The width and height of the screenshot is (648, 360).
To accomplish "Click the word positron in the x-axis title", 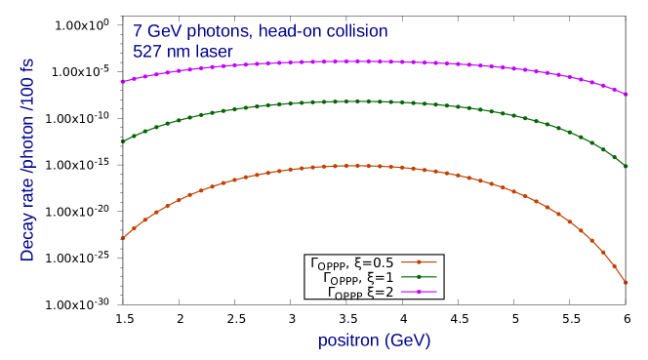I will tap(348, 340).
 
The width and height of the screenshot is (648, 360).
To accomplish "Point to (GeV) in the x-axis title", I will tap(408, 340).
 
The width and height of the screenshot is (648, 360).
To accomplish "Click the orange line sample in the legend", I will tap(420, 261).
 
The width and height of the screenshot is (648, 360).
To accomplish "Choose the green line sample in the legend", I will tap(420, 277).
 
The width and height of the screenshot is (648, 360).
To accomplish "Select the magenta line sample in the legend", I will tap(420, 292).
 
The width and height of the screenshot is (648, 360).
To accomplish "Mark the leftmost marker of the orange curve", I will tap(122, 238).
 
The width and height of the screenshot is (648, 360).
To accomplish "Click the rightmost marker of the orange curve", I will tap(627, 283).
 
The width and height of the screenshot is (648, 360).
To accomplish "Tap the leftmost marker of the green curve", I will tap(122, 141).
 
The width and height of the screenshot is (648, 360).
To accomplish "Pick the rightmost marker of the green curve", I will tap(627, 166).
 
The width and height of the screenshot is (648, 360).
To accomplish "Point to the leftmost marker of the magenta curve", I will tap(122, 82).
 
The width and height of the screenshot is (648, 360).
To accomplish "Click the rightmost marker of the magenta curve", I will tap(627, 94).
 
